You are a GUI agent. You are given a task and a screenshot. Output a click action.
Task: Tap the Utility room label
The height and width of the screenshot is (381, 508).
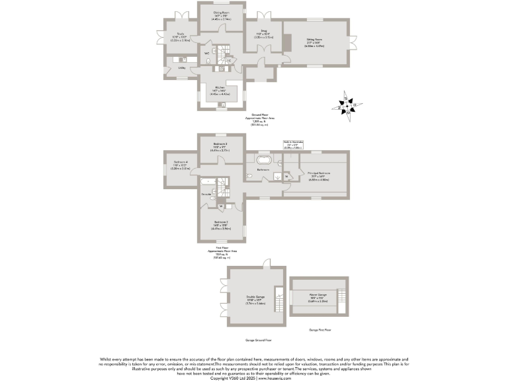(181, 67)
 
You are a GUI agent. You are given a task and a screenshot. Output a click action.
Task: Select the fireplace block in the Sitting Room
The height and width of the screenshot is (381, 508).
(287, 42)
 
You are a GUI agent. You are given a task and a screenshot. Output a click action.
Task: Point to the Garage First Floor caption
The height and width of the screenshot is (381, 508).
(320, 329)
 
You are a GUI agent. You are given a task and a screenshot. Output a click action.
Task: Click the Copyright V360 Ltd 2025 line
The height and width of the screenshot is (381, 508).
(254, 378)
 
